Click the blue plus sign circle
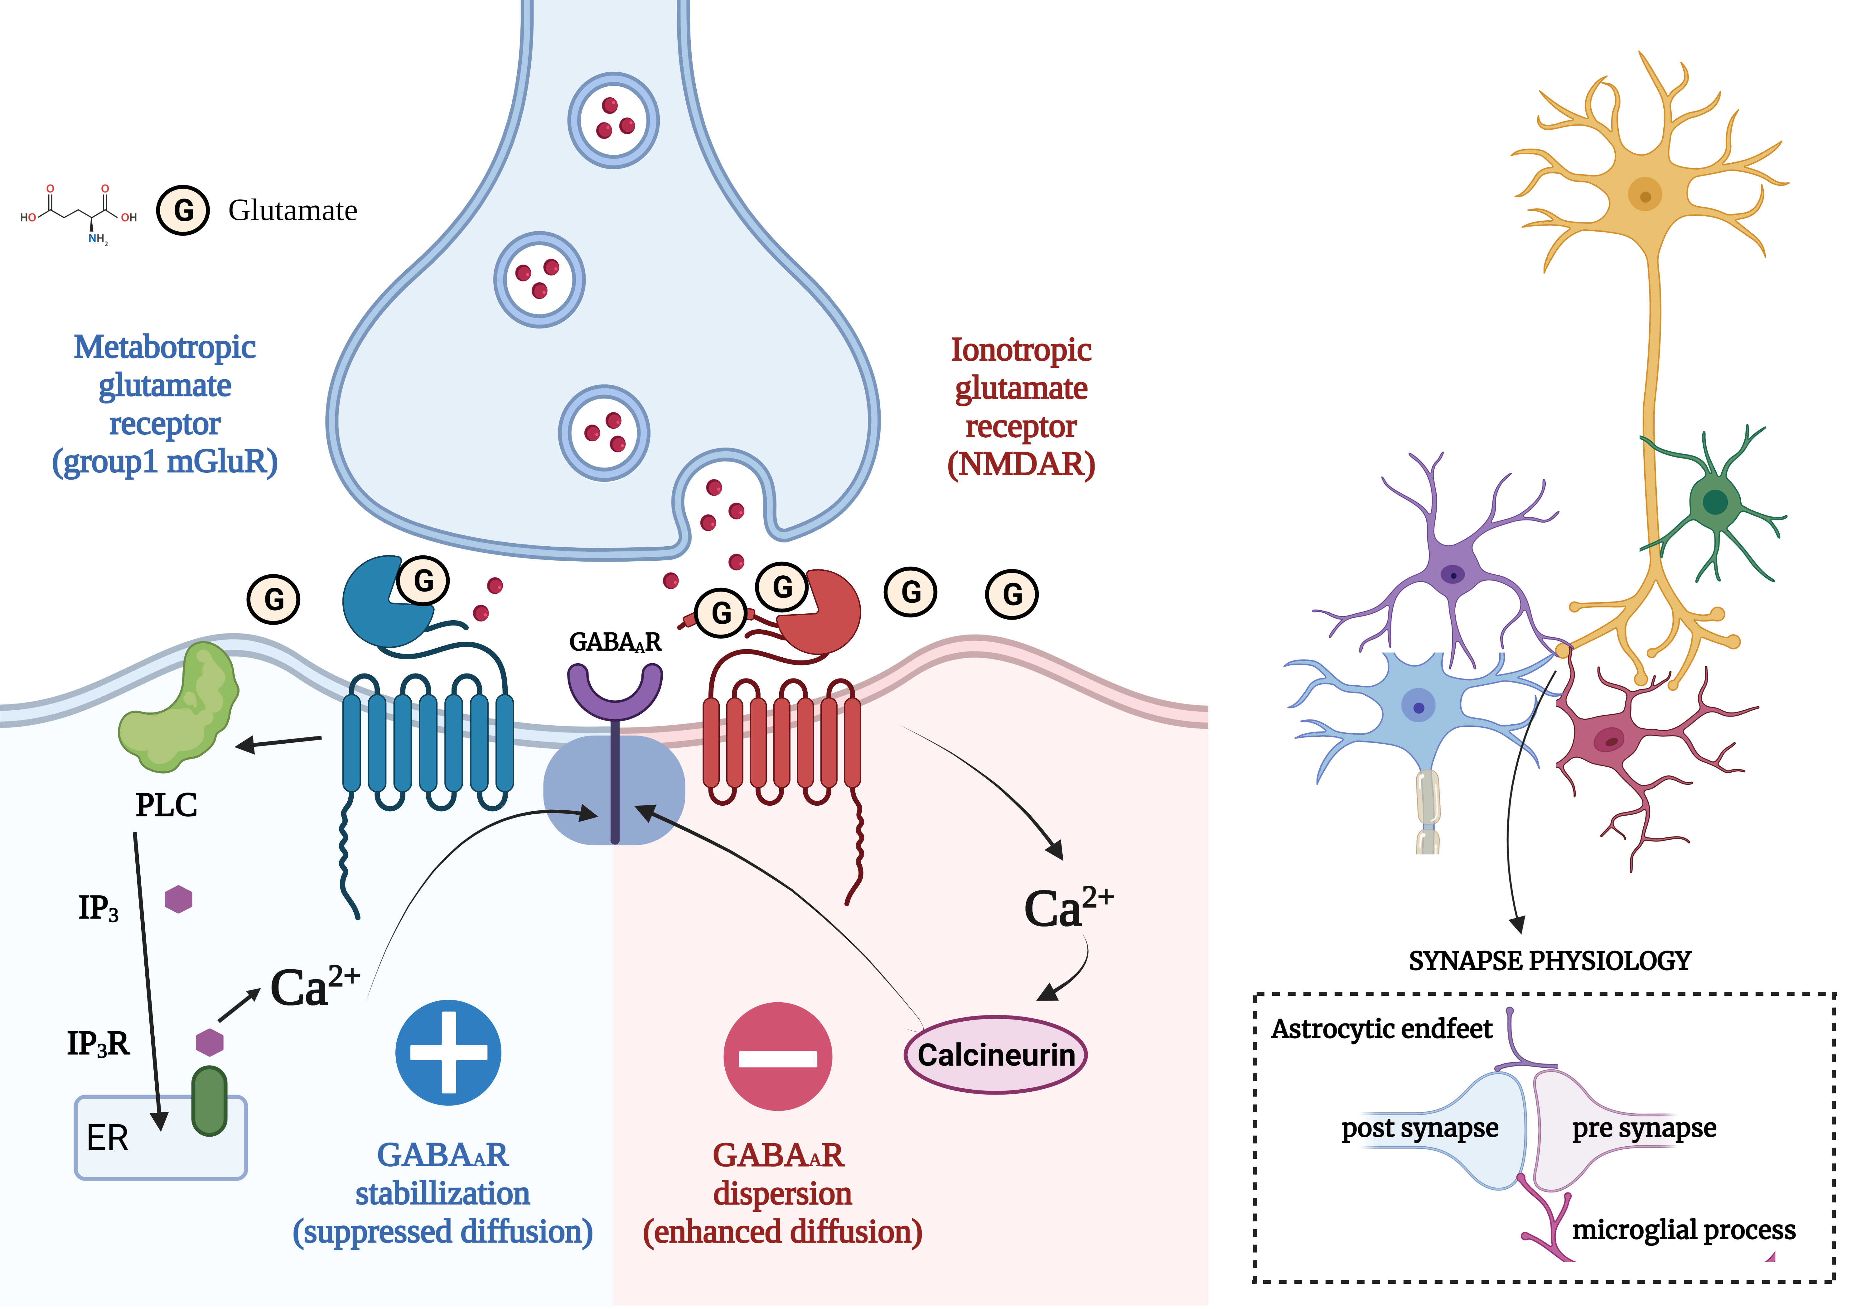coord(448,1052)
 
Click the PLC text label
coord(166,805)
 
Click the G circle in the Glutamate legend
coord(183,210)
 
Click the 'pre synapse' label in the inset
coord(1644,1128)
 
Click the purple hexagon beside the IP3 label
coord(178,899)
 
